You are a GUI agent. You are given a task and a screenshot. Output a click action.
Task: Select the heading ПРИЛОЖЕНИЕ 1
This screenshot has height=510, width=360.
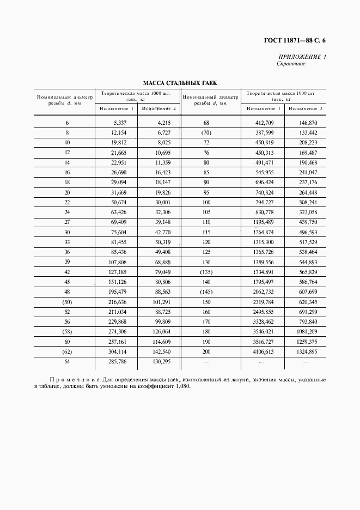302,57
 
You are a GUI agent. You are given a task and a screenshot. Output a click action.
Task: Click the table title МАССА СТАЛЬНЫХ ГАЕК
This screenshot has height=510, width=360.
180,83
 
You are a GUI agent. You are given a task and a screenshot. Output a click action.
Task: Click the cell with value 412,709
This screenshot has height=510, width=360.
264,123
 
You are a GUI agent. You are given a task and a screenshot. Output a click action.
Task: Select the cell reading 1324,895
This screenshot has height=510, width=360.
306,352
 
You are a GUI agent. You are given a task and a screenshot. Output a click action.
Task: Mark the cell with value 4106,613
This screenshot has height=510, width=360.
264,352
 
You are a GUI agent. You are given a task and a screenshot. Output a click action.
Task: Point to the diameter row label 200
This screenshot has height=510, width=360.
206,352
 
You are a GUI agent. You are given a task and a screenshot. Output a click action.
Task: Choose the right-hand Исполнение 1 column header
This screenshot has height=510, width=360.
264,108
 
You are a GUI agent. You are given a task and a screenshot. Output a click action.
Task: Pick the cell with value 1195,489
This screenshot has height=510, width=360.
264,222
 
